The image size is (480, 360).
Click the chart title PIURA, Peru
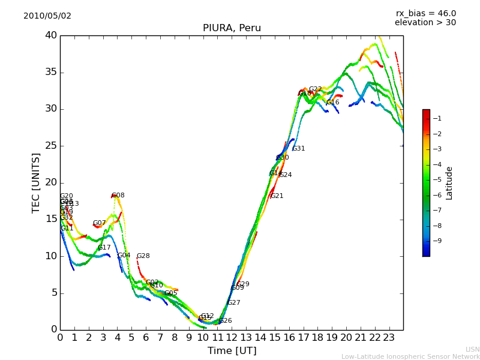[232, 28]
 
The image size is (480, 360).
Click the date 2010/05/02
[47, 16]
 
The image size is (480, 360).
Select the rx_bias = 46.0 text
[425, 13]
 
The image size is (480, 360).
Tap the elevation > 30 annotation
[425, 23]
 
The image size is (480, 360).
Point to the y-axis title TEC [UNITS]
[37, 182]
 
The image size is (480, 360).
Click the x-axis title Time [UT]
[232, 351]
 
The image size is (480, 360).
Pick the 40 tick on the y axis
[50, 35]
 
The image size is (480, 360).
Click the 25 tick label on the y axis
[50, 146]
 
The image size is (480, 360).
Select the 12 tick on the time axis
[232, 338]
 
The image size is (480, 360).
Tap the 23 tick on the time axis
[389, 338]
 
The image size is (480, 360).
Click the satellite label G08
[118, 196]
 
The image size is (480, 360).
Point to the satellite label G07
[99, 223]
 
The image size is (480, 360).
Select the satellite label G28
[143, 256]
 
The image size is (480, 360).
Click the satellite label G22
[316, 89]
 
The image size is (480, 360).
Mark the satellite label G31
[299, 149]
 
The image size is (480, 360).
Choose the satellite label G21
[277, 196]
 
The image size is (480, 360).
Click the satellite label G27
[234, 303]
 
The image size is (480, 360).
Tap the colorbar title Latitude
[449, 182]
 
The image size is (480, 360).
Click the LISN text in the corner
[472, 349]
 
